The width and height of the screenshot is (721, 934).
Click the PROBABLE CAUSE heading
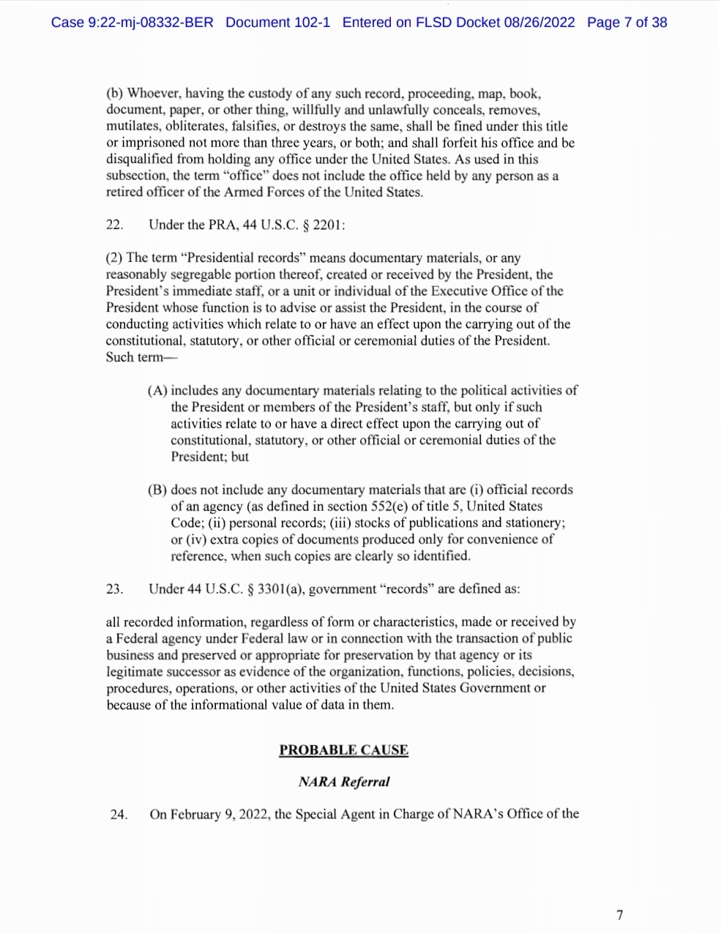[x=343, y=750]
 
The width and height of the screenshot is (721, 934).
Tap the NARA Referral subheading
[x=343, y=782]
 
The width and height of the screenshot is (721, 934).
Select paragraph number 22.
[x=114, y=225]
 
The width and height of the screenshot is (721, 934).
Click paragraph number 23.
[x=114, y=589]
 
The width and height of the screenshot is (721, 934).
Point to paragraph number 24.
[x=119, y=814]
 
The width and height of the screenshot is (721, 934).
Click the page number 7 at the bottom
[x=620, y=914]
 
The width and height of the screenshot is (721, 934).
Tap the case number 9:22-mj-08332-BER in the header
[x=151, y=23]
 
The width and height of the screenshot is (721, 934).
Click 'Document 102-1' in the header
[x=277, y=23]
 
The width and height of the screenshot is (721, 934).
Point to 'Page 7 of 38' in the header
[x=627, y=23]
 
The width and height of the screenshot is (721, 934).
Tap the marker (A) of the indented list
[x=157, y=391]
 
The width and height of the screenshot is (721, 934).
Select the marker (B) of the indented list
[x=157, y=490]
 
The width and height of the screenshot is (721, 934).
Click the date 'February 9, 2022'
[x=209, y=814]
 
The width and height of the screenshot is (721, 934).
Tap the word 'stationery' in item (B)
[x=533, y=523]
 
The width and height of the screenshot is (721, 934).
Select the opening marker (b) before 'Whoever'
[x=114, y=94]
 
